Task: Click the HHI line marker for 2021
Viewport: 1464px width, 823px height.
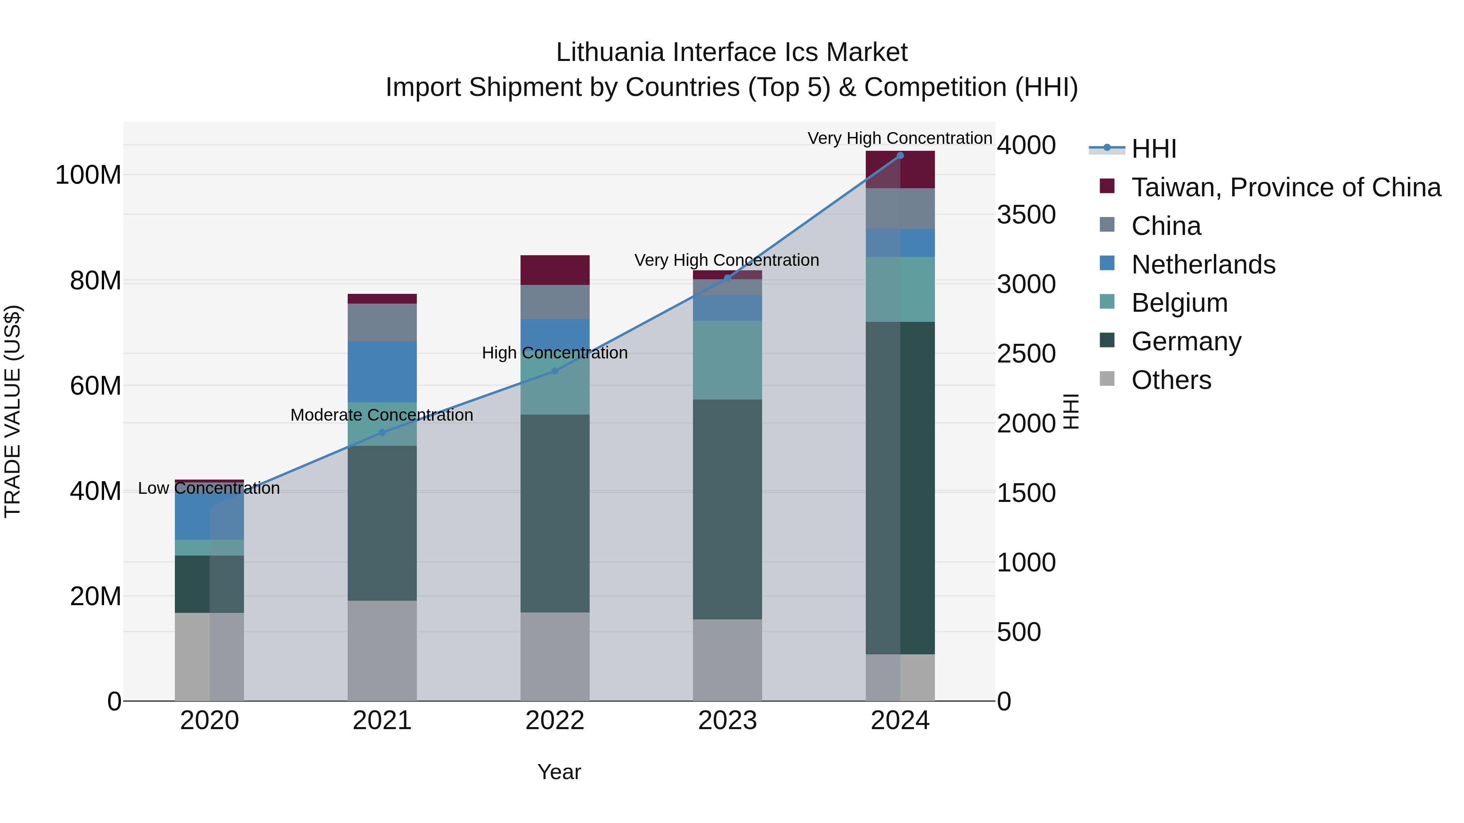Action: point(382,433)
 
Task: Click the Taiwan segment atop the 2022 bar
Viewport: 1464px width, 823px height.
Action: point(555,270)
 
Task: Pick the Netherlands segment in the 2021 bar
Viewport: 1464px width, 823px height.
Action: point(382,371)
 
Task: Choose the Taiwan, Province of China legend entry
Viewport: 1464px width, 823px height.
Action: point(1285,187)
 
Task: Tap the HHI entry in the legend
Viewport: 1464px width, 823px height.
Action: point(1153,149)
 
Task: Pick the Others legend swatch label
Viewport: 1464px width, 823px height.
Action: point(1171,380)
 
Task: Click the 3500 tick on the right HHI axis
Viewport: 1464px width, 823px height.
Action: point(1026,215)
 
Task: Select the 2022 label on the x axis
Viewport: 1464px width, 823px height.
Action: point(555,721)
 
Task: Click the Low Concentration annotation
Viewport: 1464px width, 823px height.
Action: point(209,489)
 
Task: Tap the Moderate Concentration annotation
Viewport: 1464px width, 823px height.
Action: point(381,415)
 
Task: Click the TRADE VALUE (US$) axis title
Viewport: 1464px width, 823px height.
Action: point(13,411)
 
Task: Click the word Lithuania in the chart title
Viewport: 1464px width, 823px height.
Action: point(610,52)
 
